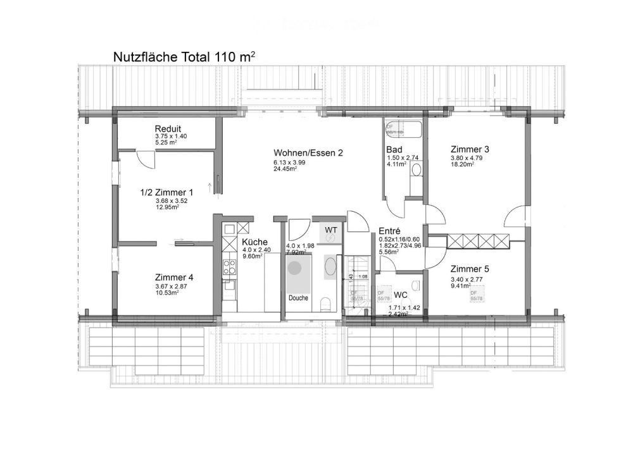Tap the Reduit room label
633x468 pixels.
[168, 128]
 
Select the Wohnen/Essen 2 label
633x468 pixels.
[308, 153]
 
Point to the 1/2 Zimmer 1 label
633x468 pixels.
[166, 192]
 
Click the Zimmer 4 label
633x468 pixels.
[174, 277]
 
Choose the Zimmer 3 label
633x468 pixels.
[469, 149]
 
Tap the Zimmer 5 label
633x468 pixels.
[469, 268]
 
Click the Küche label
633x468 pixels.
[254, 242]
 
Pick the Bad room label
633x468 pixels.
[394, 149]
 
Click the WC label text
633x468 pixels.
[400, 294]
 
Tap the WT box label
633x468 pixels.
[331, 229]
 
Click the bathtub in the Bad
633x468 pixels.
[402, 129]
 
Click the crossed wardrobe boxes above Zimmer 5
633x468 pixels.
[479, 240]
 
